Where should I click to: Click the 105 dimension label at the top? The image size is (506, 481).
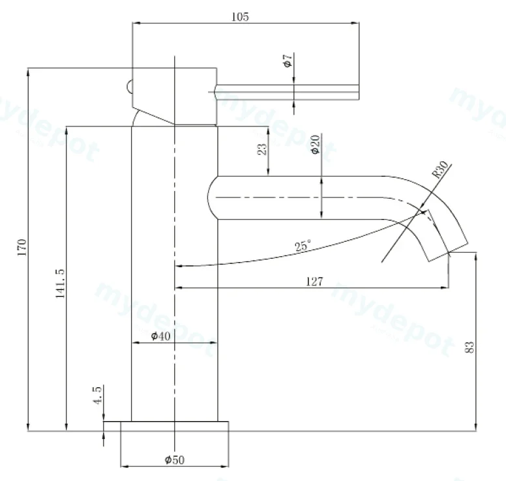click(241, 16)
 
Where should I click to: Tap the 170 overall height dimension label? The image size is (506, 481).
click(22, 248)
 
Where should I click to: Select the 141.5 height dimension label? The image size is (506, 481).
click(61, 284)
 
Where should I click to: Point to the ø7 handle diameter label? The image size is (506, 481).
click(288, 61)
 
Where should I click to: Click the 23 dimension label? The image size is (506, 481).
click(262, 149)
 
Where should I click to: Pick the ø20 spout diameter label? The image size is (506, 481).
click(316, 144)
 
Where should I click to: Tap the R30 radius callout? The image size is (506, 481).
click(441, 169)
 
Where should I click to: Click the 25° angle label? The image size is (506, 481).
click(303, 246)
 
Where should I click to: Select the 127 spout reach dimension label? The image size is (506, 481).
click(314, 282)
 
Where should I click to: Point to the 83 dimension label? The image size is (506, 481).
click(470, 347)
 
